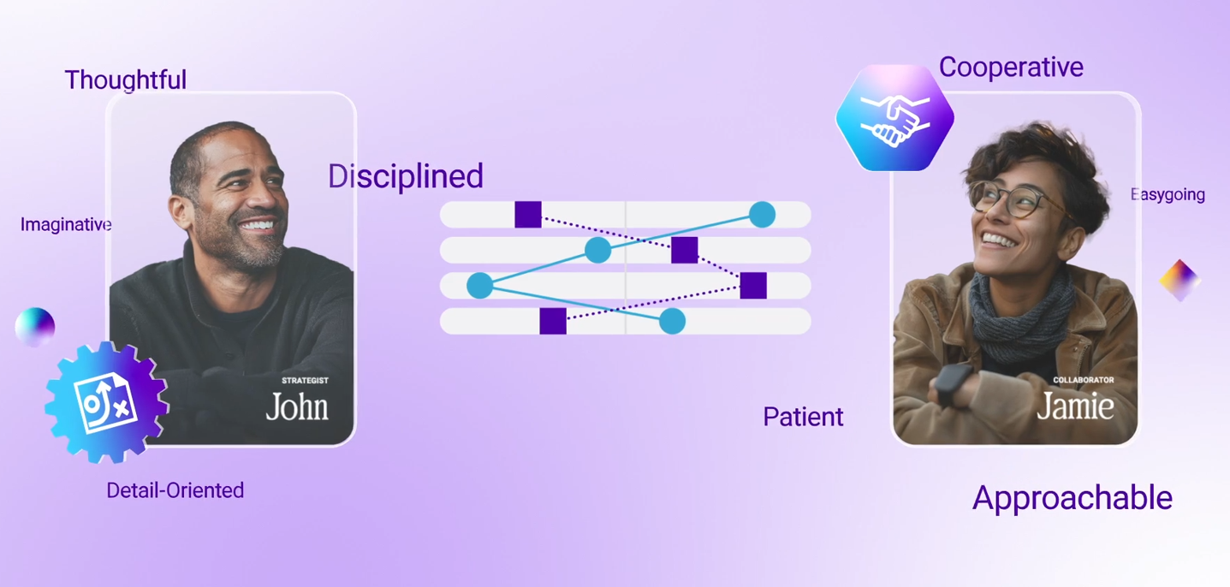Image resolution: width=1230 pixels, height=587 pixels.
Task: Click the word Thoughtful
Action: (x=126, y=80)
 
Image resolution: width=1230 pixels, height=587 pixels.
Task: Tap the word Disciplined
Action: (x=406, y=176)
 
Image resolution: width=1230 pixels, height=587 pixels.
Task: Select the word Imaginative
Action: (x=66, y=224)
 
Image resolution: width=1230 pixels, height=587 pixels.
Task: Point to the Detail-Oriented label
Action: (x=175, y=490)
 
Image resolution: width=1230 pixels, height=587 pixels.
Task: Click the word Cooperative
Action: (x=1011, y=68)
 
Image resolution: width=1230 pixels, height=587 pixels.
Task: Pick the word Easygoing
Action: (x=1168, y=194)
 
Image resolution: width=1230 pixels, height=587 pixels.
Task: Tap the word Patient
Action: (x=803, y=417)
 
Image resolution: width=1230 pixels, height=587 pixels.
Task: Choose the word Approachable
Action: (x=1073, y=498)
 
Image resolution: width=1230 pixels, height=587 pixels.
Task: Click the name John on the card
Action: (x=297, y=406)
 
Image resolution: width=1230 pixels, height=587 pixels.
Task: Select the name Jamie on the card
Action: (x=1075, y=406)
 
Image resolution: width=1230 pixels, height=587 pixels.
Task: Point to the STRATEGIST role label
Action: (x=305, y=381)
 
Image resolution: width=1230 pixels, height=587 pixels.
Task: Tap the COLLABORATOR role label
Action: (x=1084, y=380)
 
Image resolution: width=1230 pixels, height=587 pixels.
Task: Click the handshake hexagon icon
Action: (x=894, y=117)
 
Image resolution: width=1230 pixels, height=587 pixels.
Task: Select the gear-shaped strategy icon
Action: (x=106, y=402)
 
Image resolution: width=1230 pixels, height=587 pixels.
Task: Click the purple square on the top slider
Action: (x=528, y=214)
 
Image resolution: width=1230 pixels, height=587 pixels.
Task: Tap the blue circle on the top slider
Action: (x=762, y=214)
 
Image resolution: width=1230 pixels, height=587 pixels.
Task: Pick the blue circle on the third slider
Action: (x=480, y=286)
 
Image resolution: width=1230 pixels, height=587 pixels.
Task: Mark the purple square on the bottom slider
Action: (x=553, y=321)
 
